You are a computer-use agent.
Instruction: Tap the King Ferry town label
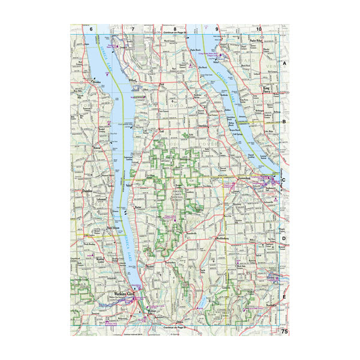tap(268, 90)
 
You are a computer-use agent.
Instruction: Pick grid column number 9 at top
tap(217, 29)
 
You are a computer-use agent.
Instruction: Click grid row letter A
tap(285, 63)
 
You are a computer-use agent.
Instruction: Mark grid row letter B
tap(285, 121)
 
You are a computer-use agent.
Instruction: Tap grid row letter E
tap(285, 296)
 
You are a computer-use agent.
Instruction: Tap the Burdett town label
tap(150, 265)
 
